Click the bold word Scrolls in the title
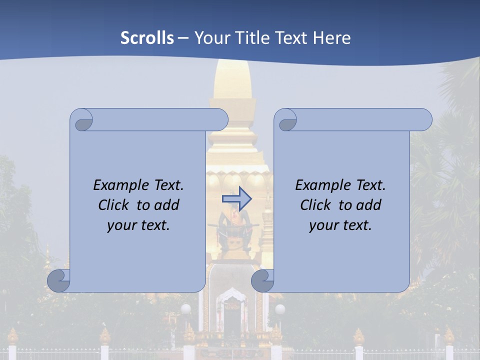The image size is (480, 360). pos(147,38)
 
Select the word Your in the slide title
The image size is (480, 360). pos(210,38)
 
